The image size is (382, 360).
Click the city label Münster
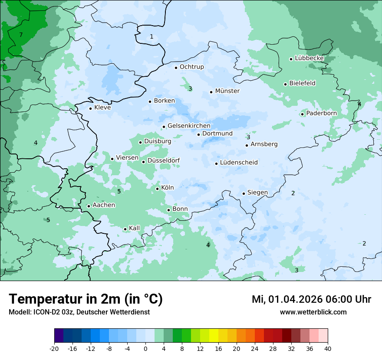227,91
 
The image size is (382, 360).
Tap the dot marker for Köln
158,189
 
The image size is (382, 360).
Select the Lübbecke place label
309,58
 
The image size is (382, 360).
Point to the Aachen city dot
89,206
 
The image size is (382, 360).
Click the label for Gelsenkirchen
189,126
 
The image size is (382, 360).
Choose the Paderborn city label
321,113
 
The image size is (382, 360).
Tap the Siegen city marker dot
244,193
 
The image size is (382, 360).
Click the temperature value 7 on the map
21,35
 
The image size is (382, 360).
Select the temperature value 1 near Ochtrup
151,37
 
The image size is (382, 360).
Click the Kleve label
102,108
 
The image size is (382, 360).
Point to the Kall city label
135,228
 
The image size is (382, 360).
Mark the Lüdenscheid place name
239,163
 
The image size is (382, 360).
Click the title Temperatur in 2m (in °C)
86,299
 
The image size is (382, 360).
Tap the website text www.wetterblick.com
313,312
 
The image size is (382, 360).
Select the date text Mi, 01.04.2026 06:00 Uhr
311,300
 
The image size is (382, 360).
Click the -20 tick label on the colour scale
54,348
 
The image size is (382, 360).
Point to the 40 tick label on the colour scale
328,348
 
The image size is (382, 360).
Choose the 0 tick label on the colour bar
145,348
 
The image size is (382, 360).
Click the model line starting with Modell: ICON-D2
79,312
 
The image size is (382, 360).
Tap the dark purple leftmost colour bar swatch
59,336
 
